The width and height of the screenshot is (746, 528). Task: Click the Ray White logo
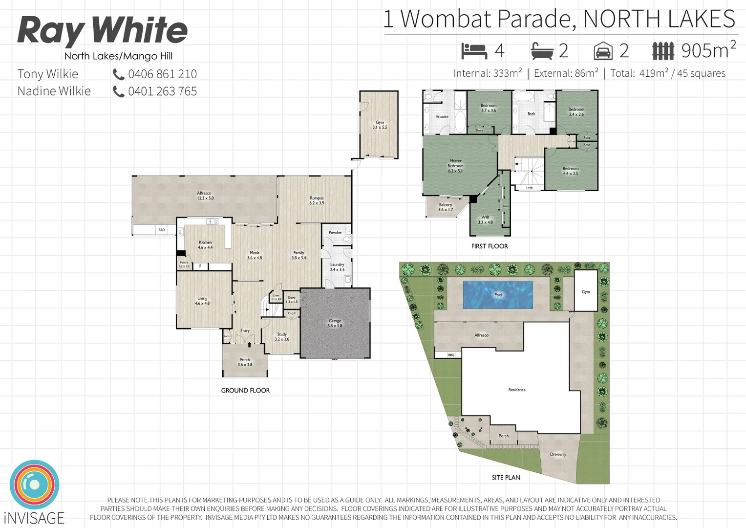(102, 30)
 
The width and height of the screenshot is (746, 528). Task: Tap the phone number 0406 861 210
(162, 74)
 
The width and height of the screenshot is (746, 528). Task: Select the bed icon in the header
(474, 51)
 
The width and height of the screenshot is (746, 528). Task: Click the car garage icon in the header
(603, 51)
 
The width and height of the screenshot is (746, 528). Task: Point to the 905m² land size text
(708, 50)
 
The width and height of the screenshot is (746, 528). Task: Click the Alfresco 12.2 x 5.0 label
(205, 196)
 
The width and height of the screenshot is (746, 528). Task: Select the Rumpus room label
(317, 200)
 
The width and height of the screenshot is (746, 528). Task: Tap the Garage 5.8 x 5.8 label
(335, 323)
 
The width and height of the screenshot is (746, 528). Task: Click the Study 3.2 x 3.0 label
(282, 337)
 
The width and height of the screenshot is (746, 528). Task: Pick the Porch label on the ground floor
(245, 362)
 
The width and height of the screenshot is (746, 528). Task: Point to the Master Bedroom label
(455, 166)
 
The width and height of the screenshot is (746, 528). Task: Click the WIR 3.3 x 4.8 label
(485, 220)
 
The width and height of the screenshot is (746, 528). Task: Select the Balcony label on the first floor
(445, 207)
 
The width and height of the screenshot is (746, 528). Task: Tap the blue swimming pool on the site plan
(498, 295)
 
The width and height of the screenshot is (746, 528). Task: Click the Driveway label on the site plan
(558, 454)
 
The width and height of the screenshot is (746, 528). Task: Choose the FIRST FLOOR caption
(490, 246)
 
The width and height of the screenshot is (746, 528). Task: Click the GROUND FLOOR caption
(245, 391)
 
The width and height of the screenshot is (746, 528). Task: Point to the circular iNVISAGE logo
(34, 484)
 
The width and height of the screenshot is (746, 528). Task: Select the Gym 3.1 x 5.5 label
(380, 125)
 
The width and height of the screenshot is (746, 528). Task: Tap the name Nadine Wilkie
(54, 91)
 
